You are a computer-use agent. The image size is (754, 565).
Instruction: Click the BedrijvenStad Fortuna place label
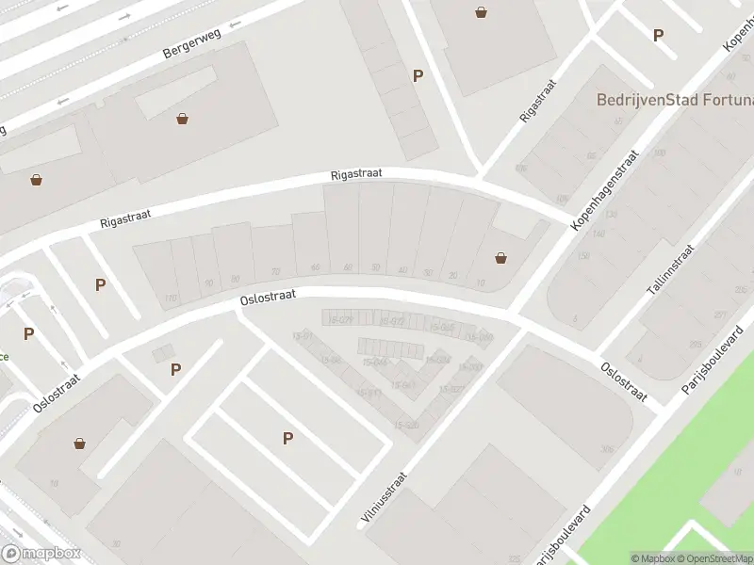[x=674, y=99]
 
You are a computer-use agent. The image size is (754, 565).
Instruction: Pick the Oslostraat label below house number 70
[x=269, y=296]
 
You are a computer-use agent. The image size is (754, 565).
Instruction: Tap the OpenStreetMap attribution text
[x=716, y=558]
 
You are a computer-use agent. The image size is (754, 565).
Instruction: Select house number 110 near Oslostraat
[x=171, y=299]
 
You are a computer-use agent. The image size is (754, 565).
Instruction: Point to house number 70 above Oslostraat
[x=275, y=271]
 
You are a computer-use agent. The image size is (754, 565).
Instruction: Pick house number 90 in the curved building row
[x=235, y=278]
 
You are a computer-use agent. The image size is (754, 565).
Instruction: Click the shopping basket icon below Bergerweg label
[x=181, y=119]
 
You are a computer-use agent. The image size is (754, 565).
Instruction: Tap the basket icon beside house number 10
[x=500, y=257]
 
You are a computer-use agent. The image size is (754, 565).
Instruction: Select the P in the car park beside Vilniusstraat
[x=288, y=437]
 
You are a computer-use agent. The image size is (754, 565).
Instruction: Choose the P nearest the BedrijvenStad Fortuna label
[x=658, y=36]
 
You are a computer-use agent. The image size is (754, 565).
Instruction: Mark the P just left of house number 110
[x=100, y=284]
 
